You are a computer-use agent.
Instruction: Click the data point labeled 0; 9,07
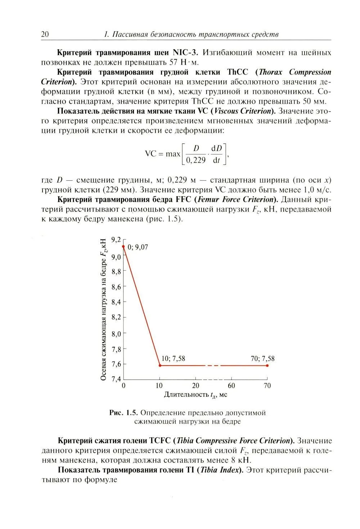[123, 247]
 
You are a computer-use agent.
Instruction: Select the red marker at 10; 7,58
[160, 366]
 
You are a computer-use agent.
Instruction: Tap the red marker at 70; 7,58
[267, 366]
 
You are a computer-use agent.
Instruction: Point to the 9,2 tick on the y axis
[117, 239]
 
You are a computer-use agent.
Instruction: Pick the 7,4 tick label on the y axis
[116, 379]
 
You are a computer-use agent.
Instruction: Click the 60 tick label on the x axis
[231, 386]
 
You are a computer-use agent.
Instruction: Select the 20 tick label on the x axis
[195, 386]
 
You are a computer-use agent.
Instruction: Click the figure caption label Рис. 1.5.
[123, 413]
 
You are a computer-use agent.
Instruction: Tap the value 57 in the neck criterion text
[174, 62]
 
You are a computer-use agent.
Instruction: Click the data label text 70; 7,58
[262, 359]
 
